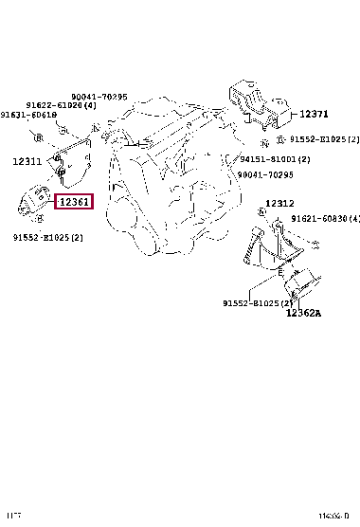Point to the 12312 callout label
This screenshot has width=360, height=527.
click(280, 203)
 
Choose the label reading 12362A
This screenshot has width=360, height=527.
click(304, 337)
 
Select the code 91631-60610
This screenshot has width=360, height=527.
click(28, 115)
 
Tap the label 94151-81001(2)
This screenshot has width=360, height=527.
click(276, 160)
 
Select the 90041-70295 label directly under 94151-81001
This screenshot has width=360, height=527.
click(268, 174)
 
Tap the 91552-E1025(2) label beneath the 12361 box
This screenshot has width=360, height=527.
click(47, 237)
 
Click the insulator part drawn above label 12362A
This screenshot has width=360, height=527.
click(303, 289)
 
